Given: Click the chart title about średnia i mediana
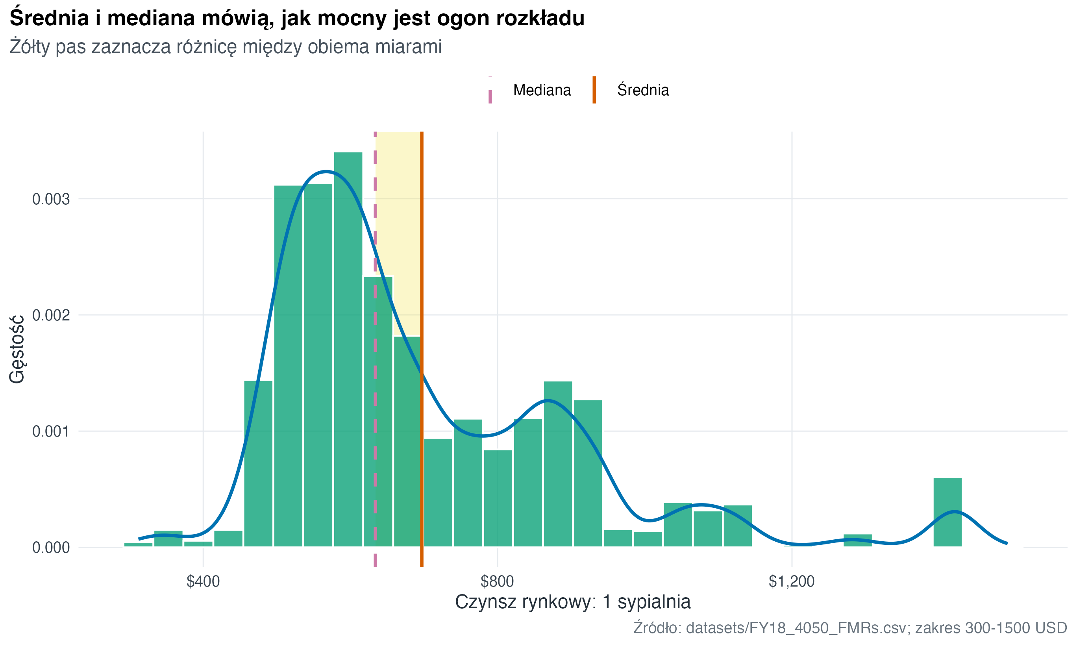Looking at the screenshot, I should pos(297,18).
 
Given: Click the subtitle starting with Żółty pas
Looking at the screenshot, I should pos(226,47).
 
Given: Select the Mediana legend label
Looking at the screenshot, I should pos(542,90).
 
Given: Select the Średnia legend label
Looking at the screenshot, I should pos(643,90).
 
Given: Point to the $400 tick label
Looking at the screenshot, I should pos(203,581).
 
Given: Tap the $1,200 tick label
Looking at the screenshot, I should pos(791,581).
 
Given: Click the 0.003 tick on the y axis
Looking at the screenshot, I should pos(51,199).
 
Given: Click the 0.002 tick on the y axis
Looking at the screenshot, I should pos(51,315).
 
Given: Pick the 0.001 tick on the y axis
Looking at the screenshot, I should pos(51,431).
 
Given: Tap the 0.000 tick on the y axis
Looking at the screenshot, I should pos(51,548).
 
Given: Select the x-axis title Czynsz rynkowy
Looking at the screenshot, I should pos(573,602).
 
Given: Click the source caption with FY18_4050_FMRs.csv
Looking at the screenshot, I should pos(850,628).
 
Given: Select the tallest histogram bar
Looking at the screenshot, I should pos(348,348).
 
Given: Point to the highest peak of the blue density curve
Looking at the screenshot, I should pos(326,172).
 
